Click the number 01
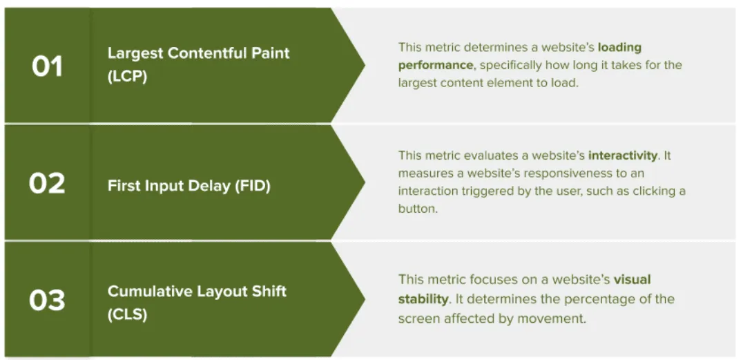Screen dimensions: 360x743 click(x=47, y=66)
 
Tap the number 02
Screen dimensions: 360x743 click(x=47, y=183)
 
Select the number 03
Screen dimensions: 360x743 click(x=47, y=301)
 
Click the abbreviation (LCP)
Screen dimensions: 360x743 click(x=128, y=77)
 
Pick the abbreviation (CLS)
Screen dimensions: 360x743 click(x=127, y=314)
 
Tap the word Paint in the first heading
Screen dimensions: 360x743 click(x=269, y=53)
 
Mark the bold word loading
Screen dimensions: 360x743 click(x=619, y=48)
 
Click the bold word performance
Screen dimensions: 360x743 click(x=436, y=65)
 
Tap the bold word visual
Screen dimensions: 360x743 click(x=632, y=280)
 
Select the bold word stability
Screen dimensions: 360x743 click(x=423, y=299)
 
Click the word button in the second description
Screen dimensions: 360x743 click(x=417, y=209)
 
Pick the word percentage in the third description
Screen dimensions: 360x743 click(x=601, y=299)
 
